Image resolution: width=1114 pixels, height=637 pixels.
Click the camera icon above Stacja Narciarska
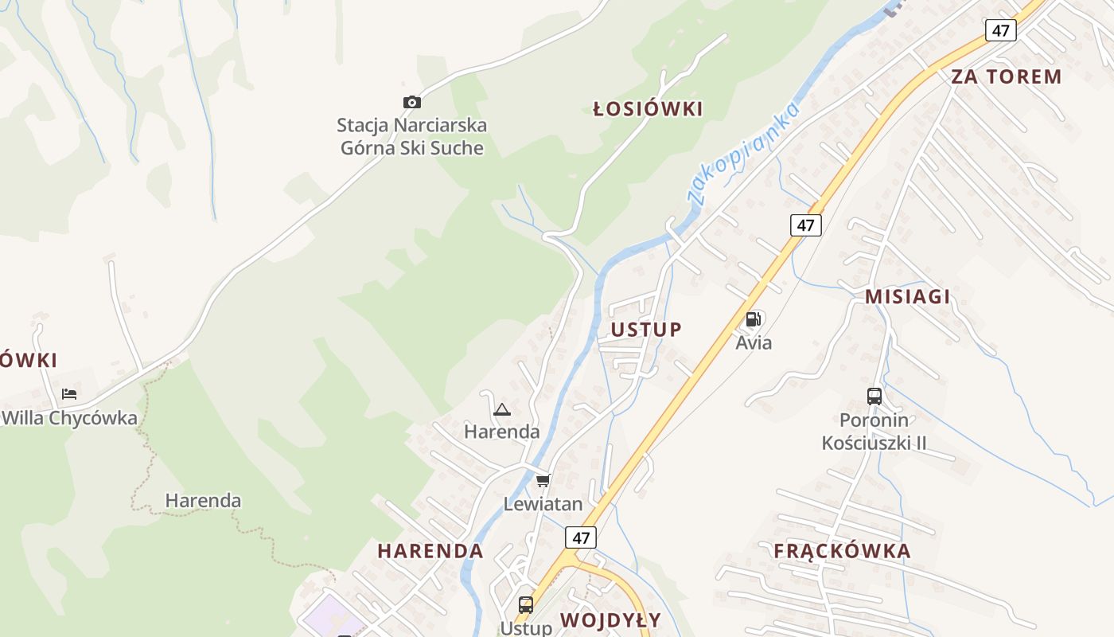click(411, 102)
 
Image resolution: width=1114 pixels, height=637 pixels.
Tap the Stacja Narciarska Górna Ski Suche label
click(411, 136)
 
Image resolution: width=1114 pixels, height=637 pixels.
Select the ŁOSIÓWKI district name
click(649, 109)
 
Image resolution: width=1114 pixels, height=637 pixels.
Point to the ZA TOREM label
click(1006, 76)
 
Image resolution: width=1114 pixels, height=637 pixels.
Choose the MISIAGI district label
click(907, 297)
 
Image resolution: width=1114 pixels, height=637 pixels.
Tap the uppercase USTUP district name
click(646, 330)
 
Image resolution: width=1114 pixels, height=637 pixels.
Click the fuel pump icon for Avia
click(753, 320)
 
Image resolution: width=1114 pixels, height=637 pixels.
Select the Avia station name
click(754, 343)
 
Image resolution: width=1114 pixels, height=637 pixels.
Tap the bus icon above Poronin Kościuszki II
click(874, 396)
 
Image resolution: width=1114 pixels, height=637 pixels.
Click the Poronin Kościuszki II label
click(874, 431)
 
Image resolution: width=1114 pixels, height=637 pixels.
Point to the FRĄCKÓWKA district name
click(842, 551)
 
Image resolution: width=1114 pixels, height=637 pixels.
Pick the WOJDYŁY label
click(610, 619)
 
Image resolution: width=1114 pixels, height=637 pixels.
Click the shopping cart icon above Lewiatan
click(543, 480)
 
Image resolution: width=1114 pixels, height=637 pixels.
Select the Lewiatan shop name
click(543, 504)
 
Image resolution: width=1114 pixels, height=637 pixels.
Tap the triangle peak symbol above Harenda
click(501, 410)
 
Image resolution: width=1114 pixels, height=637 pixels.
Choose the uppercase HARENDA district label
click(430, 551)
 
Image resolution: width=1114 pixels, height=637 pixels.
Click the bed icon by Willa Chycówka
click(69, 394)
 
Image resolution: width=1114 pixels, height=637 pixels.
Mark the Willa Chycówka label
click(69, 418)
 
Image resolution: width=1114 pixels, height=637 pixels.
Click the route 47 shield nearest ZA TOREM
click(1000, 31)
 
